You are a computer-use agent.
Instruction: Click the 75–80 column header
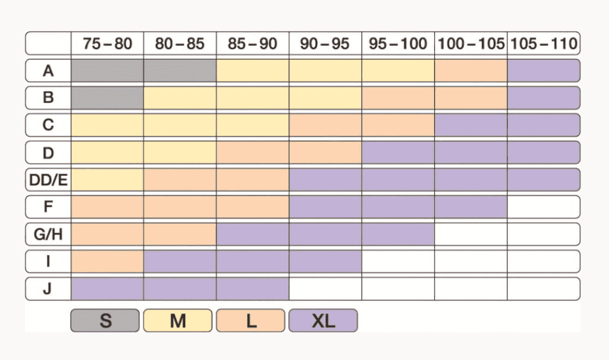click(x=107, y=44)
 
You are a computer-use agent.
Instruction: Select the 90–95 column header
click(x=325, y=44)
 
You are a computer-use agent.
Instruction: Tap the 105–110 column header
click(x=543, y=44)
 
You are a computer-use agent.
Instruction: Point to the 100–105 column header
click(x=471, y=44)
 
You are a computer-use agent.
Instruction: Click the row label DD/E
click(x=48, y=180)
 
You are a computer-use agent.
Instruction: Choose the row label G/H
click(x=48, y=234)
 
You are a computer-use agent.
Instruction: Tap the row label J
click(x=48, y=288)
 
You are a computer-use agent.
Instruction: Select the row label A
click(x=48, y=71)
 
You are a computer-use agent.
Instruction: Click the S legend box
click(x=106, y=320)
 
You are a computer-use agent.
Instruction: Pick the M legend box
click(x=178, y=320)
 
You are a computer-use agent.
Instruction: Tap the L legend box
click(x=250, y=320)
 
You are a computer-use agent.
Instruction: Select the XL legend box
click(x=323, y=320)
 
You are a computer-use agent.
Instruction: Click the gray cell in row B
click(x=107, y=97)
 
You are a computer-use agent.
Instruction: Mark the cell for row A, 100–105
click(x=471, y=71)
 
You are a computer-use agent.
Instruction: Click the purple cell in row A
click(x=543, y=71)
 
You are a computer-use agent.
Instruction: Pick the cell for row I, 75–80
click(x=107, y=261)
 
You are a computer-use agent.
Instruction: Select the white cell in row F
click(x=543, y=207)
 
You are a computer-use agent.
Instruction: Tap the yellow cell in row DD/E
click(x=107, y=180)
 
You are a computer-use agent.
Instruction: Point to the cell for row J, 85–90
click(x=253, y=288)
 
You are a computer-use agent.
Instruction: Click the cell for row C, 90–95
click(x=325, y=125)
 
